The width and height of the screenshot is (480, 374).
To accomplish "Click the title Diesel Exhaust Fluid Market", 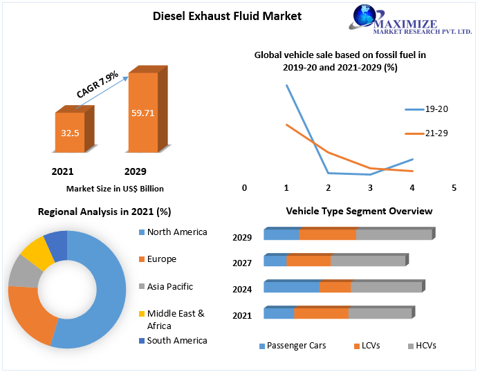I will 227,16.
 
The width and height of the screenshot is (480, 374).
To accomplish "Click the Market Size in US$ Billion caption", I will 115,188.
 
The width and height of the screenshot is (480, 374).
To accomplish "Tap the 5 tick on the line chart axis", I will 454,188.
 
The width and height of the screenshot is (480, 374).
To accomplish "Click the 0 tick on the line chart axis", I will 244,188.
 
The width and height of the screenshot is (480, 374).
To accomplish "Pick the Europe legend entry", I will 161,259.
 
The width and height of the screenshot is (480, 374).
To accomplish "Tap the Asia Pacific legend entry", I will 169,286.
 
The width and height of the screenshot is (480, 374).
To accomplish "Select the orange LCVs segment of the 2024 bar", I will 335,287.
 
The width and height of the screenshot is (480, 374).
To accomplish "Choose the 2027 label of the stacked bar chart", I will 242,263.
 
